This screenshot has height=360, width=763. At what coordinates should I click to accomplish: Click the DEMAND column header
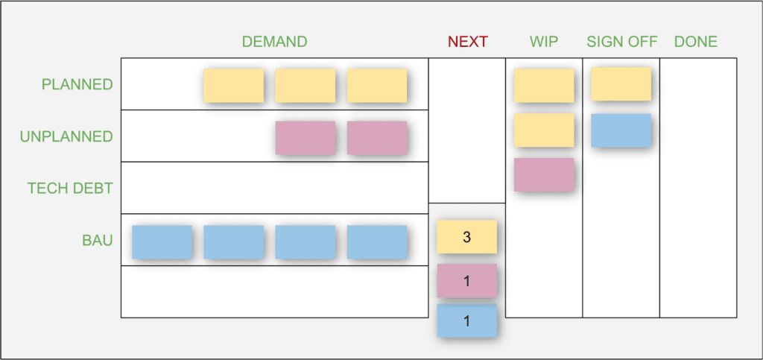click(x=274, y=42)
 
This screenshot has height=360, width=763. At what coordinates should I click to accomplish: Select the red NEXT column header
click(x=467, y=42)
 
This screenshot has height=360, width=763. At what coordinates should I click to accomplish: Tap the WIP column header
click(x=544, y=42)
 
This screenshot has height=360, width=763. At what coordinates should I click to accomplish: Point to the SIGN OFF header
click(x=621, y=42)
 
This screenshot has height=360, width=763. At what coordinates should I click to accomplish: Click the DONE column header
click(x=695, y=42)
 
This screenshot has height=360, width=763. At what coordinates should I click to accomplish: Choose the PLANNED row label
click(x=77, y=84)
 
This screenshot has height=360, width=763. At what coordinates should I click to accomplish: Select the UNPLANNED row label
click(x=67, y=136)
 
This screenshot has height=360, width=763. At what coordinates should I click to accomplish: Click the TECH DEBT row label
click(x=70, y=189)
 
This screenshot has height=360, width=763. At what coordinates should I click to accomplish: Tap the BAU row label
click(x=97, y=240)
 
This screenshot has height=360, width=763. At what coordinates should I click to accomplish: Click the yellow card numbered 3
click(x=466, y=238)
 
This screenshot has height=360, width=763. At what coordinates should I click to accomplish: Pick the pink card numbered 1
click(x=466, y=280)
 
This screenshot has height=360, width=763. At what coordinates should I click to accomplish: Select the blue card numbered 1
click(x=466, y=321)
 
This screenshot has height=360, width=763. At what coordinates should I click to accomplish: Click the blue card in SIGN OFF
click(x=621, y=130)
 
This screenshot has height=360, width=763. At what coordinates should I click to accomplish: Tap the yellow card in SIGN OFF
click(x=621, y=84)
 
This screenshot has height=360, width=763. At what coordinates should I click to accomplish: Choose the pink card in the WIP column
click(x=544, y=174)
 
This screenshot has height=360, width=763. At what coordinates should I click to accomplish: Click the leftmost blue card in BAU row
click(x=162, y=242)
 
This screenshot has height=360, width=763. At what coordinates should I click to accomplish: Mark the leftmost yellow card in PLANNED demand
click(x=233, y=86)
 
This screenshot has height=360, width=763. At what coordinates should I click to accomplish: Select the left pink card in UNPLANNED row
click(x=305, y=138)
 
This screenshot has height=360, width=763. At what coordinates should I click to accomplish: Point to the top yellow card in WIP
click(x=544, y=86)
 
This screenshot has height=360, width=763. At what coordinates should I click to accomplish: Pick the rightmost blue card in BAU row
click(x=376, y=242)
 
